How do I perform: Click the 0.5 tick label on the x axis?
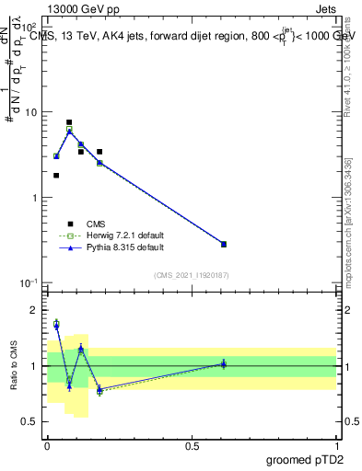192,445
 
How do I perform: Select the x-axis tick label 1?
336,445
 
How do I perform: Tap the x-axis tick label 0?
47,445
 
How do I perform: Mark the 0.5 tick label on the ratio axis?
29,422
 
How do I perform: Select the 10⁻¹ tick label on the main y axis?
28,282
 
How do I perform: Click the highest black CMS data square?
69,122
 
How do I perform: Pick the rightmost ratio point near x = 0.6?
224,364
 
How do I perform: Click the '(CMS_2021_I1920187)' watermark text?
191,274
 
